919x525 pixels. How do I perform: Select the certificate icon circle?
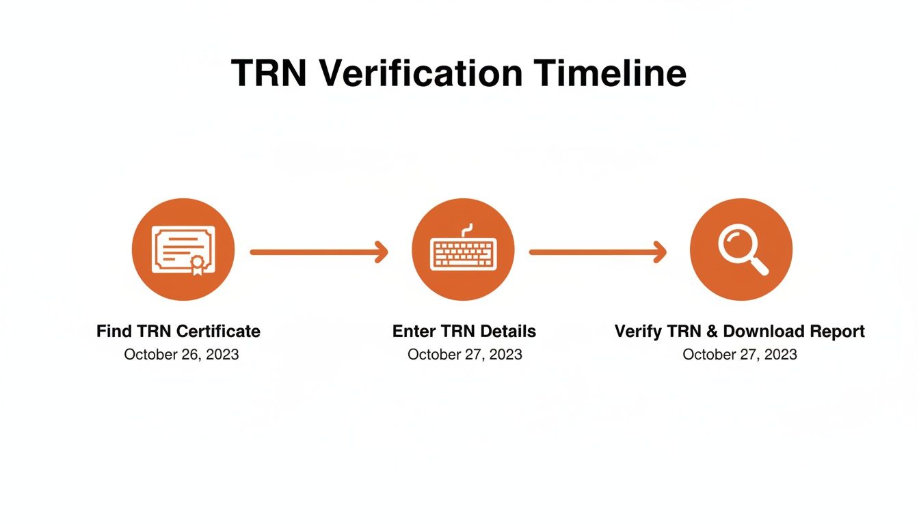click(183, 250)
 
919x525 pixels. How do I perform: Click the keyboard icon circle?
click(464, 250)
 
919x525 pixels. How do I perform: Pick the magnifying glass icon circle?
click(741, 250)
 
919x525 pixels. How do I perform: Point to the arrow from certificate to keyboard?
click(319, 252)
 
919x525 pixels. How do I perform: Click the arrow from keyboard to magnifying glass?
click(598, 252)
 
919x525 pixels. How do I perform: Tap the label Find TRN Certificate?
click(178, 332)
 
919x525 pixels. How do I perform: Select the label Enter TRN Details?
click(464, 332)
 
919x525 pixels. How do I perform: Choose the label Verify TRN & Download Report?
click(740, 332)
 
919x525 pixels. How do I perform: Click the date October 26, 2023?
click(181, 354)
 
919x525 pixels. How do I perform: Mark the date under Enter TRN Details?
click(465, 354)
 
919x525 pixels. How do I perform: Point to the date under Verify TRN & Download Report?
click(740, 354)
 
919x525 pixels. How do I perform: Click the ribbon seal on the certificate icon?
click(197, 264)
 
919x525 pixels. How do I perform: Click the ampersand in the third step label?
click(711, 332)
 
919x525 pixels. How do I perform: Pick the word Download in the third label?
click(764, 332)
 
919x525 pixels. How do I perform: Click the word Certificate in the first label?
click(218, 332)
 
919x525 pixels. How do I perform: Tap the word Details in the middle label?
click(508, 332)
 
